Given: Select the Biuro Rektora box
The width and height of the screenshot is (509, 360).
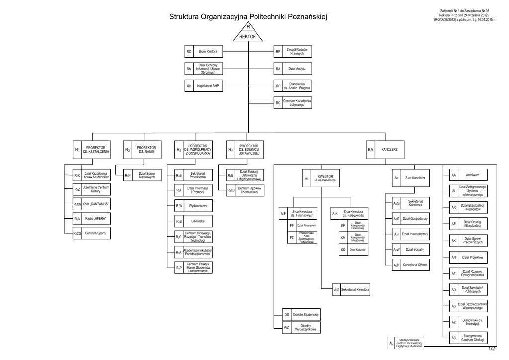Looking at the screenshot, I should coord(204,51).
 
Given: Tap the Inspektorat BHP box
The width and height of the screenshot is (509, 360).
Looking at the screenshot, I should coord(204,86).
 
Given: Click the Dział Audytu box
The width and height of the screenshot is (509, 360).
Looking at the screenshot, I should coord(293,69).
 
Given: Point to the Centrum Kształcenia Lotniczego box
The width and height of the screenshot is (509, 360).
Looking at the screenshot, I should coord(293,103).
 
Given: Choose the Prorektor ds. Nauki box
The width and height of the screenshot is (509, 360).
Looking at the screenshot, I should coord(142,149).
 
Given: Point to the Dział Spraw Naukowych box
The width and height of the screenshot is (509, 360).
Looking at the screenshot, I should coord(142,176).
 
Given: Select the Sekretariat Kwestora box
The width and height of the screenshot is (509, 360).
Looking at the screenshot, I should coord(351,289).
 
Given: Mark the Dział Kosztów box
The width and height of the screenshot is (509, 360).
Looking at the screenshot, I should coord(353,249).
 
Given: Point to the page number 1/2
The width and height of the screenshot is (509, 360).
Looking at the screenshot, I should coord(492,349).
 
